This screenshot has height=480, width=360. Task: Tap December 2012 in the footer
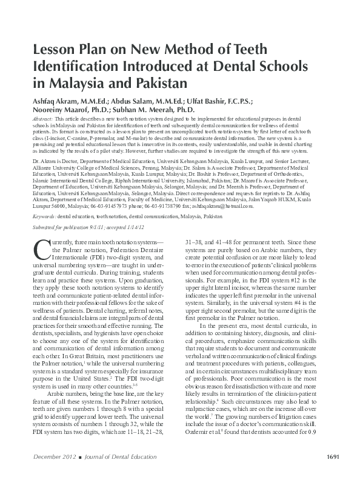click(x=54, y=473)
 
